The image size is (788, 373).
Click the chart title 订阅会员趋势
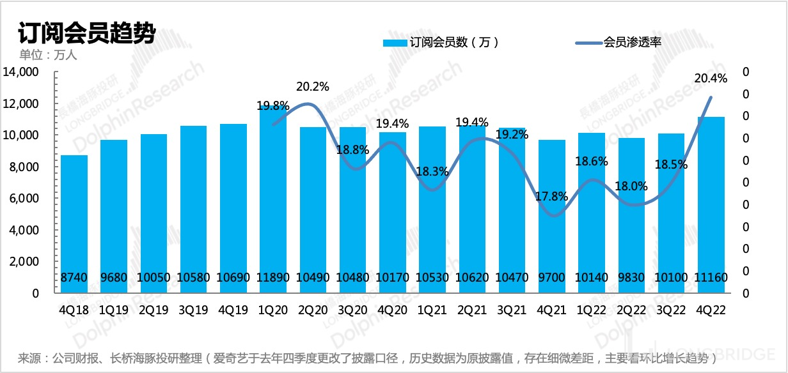click(x=87, y=33)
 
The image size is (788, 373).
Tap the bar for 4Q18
click(x=74, y=224)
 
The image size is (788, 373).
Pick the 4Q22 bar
click(x=711, y=204)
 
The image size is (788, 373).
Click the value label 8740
click(x=74, y=278)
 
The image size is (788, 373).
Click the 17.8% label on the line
click(x=552, y=197)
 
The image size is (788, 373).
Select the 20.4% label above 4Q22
click(x=711, y=79)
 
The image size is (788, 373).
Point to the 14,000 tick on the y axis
click(x=21, y=72)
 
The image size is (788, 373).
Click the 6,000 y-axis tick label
click(x=25, y=199)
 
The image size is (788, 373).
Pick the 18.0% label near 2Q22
click(x=631, y=187)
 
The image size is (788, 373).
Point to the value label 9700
click(x=552, y=278)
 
